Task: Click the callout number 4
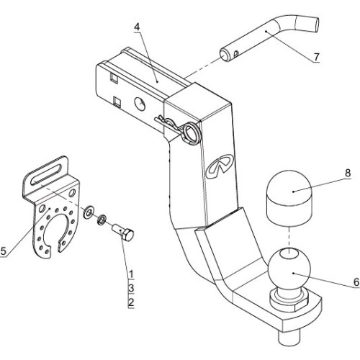click(137, 27)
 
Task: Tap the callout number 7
click(317, 57)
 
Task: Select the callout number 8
click(348, 173)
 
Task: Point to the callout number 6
click(356, 282)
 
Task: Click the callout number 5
click(3, 251)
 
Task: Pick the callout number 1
click(131, 274)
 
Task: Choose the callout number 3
click(131, 288)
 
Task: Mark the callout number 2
click(131, 302)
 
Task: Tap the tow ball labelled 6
click(289, 270)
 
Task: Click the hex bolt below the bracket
click(124, 233)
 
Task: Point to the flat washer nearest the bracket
click(89, 212)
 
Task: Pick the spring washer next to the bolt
click(102, 220)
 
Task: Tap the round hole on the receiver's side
click(140, 104)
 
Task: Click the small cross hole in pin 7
click(237, 53)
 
